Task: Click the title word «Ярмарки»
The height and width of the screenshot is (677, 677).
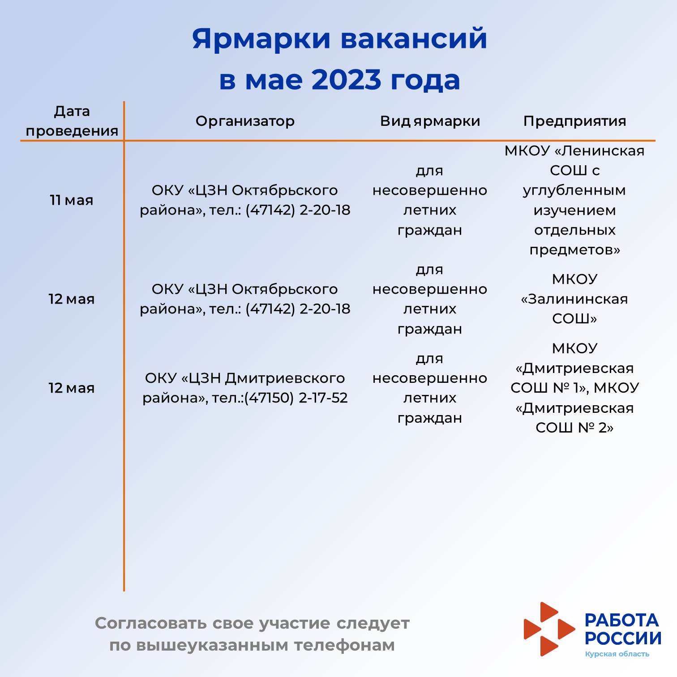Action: pyautogui.click(x=261, y=39)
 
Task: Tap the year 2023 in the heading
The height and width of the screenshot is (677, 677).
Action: pyautogui.click(x=346, y=80)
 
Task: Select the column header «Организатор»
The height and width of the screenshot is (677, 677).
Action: pyautogui.click(x=245, y=121)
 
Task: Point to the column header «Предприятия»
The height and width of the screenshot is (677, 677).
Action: pyautogui.click(x=574, y=121)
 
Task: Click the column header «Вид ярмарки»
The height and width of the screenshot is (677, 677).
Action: pyautogui.click(x=430, y=121)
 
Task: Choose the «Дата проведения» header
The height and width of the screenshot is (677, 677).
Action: pyautogui.click(x=72, y=121)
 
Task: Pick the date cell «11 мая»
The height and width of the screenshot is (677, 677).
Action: pyautogui.click(x=72, y=200)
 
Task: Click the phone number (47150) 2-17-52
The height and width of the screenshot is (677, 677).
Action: pyautogui.click(x=296, y=398)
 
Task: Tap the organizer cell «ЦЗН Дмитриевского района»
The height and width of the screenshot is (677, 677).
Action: pyautogui.click(x=245, y=388)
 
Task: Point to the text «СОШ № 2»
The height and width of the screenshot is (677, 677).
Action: pyautogui.click(x=574, y=428)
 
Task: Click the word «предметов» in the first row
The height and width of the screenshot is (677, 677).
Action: pyautogui.click(x=574, y=250)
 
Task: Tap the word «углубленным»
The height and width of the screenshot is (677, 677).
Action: pyautogui.click(x=574, y=191)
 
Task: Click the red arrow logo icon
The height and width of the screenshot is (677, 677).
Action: pyautogui.click(x=549, y=629)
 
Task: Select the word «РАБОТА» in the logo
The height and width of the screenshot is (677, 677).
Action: pyautogui.click(x=622, y=620)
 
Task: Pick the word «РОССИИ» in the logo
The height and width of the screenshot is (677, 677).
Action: pyautogui.click(x=623, y=638)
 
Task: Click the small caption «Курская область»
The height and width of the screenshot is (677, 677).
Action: pyautogui.click(x=617, y=654)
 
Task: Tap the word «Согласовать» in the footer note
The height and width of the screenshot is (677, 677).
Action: pyautogui.click(x=151, y=623)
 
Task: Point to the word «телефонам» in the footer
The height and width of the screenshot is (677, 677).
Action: pyautogui.click(x=344, y=645)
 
